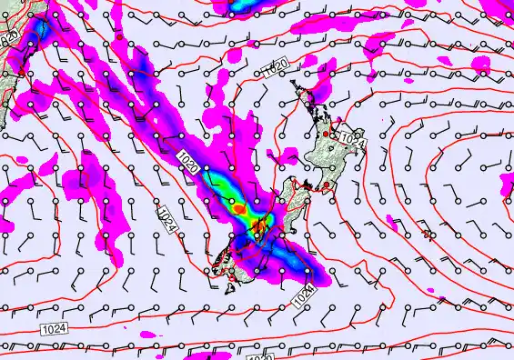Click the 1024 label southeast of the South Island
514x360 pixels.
pyautogui.click(x=305, y=295)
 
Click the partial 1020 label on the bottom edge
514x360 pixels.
pyautogui.click(x=260, y=355)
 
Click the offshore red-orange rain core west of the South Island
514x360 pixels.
pyautogui.click(x=240, y=208)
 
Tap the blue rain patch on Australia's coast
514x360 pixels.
pyautogui.click(x=40, y=32)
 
